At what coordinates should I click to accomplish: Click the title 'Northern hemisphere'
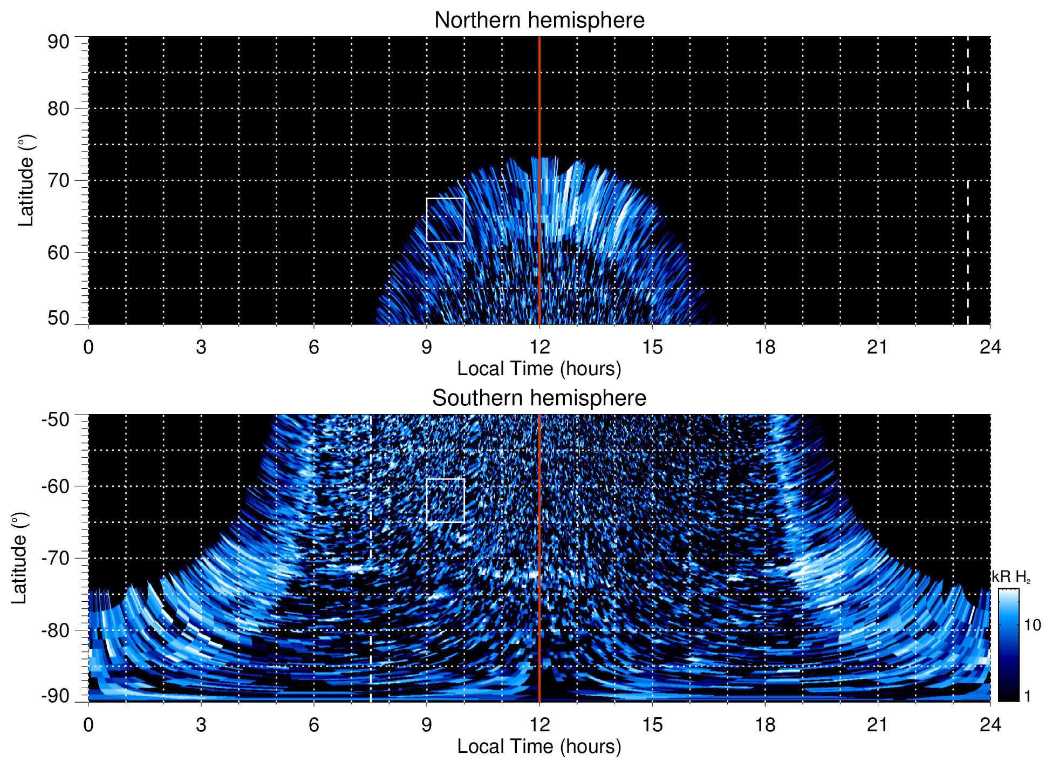coord(539,21)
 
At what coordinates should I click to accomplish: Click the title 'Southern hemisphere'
coord(539,398)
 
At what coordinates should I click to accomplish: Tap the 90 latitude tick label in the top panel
coord(58,42)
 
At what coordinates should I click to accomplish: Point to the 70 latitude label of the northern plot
coord(58,180)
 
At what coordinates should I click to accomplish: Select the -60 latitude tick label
coord(56,486)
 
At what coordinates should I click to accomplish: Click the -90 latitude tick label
coord(56,696)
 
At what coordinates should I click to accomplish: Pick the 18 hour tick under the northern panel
coord(765,347)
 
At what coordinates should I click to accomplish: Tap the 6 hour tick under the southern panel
coord(314,725)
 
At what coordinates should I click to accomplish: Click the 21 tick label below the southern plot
coord(878,725)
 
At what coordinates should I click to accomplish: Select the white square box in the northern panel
coord(445,220)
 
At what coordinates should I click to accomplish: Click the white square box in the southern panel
coord(445,500)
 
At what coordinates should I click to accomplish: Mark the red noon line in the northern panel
coord(539,108)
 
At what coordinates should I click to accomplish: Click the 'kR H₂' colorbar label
coord(1010,577)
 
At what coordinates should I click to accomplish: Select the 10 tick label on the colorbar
coord(1032,626)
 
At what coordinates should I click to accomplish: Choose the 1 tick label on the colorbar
coord(1027,696)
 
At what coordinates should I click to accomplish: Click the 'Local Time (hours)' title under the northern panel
coord(539,369)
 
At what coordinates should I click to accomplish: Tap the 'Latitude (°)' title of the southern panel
coord(20,558)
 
